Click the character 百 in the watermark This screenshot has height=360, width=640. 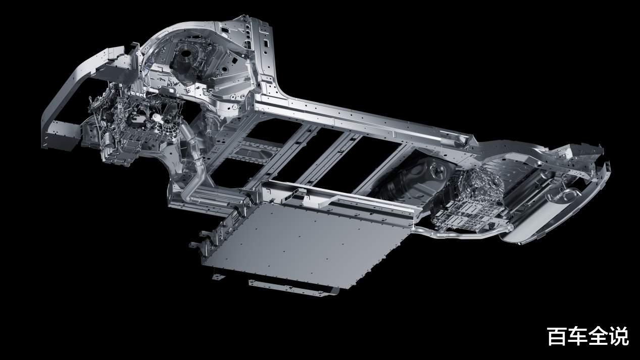[557, 336]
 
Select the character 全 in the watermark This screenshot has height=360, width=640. [598, 336]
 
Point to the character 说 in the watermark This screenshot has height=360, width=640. [619, 336]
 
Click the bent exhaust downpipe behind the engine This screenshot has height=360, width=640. [194, 169]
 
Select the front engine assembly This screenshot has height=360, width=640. [131, 126]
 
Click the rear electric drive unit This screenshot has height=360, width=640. [471, 200]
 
